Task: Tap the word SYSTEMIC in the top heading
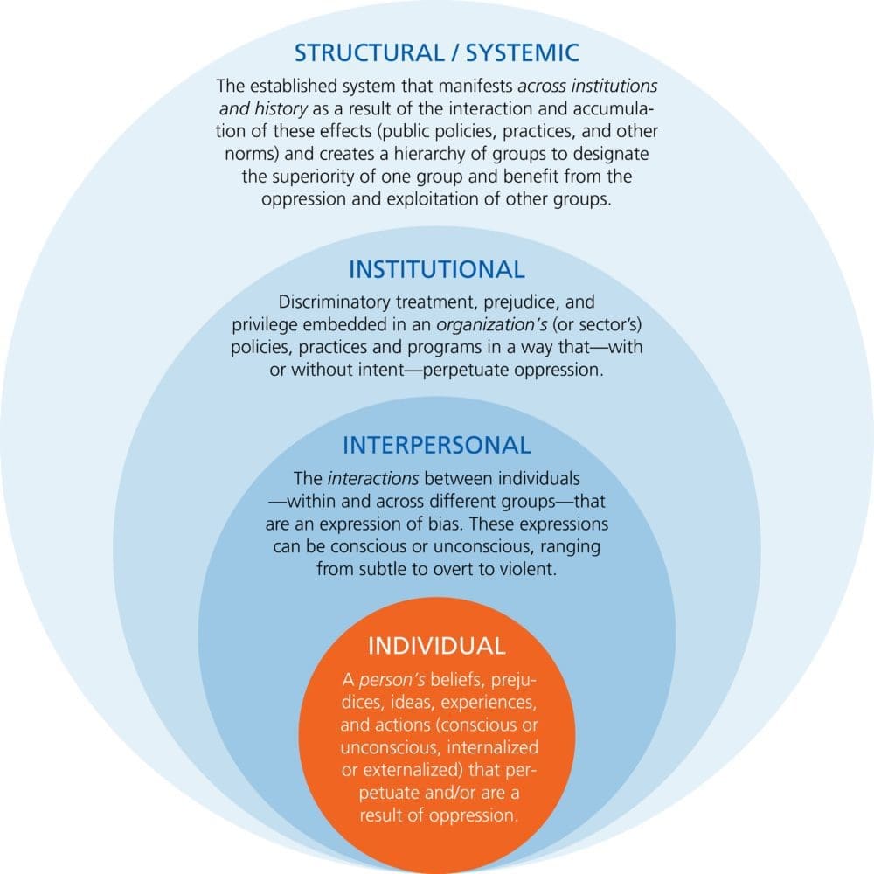(527, 52)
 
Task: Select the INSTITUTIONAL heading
(436, 268)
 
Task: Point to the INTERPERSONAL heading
(436, 445)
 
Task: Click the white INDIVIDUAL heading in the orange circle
(436, 646)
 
